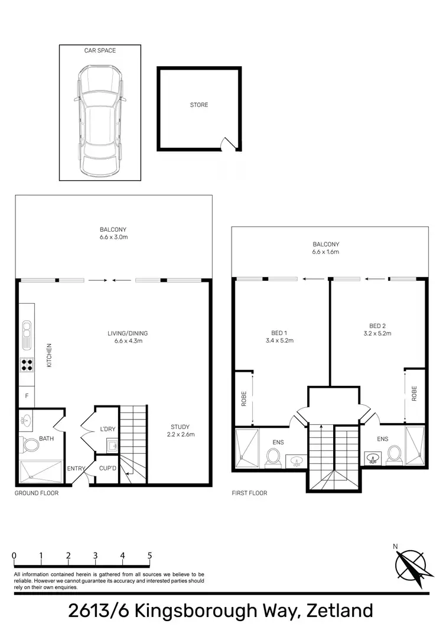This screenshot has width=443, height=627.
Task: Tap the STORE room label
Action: tap(199, 105)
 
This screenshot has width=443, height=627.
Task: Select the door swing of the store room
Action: tap(227, 143)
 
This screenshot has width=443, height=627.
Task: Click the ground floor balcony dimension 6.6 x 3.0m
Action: tap(113, 238)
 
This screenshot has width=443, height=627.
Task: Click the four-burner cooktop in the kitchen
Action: tap(27, 365)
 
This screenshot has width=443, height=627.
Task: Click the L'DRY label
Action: tap(107, 428)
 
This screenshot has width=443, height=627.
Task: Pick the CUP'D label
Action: tap(107, 468)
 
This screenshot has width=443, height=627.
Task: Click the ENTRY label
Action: tap(76, 469)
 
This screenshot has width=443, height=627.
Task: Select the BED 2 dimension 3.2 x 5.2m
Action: tap(377, 333)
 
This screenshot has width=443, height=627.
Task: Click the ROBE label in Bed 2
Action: tap(415, 394)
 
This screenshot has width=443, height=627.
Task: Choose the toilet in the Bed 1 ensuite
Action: tap(273, 456)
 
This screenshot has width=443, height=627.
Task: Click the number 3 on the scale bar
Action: tap(95, 555)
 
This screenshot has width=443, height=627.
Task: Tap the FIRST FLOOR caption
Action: tap(249, 493)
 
